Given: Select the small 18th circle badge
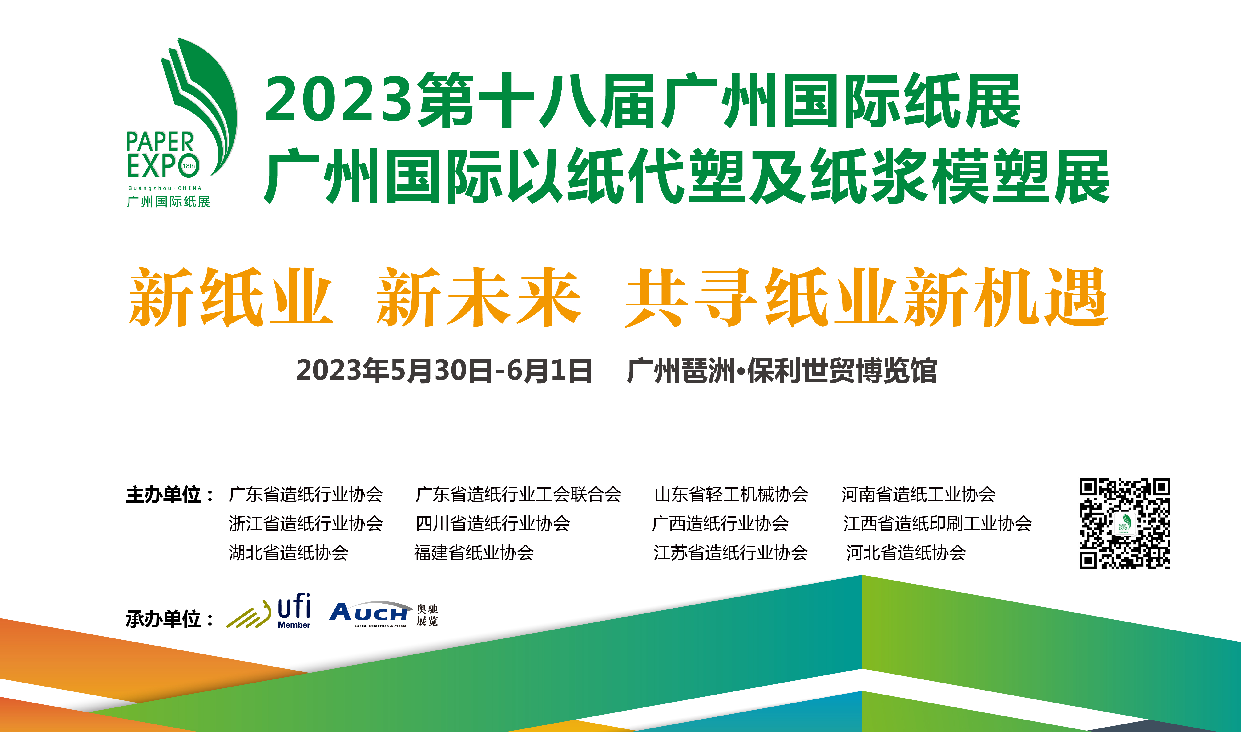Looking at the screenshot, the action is click(x=189, y=166).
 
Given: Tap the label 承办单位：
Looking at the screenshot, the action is click(x=170, y=618).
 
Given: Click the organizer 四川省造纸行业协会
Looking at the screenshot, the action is click(x=493, y=523).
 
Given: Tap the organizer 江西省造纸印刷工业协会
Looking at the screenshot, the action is click(x=937, y=523).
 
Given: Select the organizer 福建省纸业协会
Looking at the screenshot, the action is click(x=474, y=552).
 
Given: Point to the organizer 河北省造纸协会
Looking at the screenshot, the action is click(x=906, y=552).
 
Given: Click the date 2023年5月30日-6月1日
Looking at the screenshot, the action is click(x=444, y=371).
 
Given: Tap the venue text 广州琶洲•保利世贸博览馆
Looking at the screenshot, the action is click(x=782, y=371).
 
